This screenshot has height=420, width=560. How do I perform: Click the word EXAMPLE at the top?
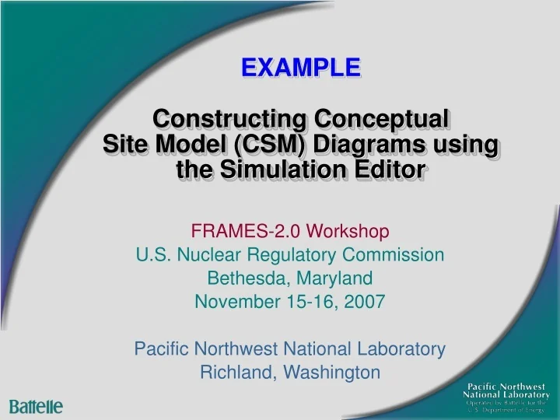[x=300, y=68]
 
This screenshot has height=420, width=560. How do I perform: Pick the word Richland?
[x=234, y=372]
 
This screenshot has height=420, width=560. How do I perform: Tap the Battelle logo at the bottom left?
[x=36, y=406]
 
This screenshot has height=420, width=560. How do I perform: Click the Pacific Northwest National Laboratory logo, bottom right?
[x=506, y=397]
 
